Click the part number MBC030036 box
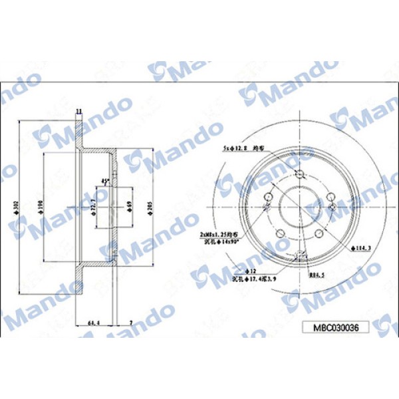point(335,327)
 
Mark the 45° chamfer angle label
point(104,182)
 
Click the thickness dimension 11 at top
point(78,111)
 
